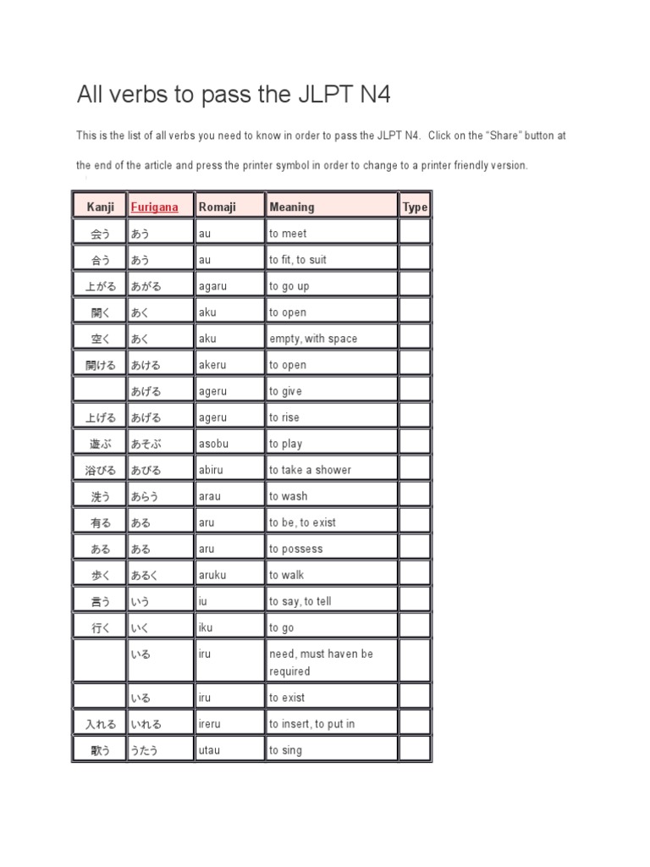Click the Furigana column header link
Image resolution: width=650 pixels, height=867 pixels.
point(155,207)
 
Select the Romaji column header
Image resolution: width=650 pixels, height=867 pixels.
point(218,207)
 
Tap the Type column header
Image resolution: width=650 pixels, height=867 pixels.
point(415,207)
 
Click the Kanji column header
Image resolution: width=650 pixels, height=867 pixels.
point(100,207)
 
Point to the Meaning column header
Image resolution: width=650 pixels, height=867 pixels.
point(292,207)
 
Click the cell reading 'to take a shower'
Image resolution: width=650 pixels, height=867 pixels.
point(310,470)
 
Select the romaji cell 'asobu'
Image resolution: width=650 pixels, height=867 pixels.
point(213,444)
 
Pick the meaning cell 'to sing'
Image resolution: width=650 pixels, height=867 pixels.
point(285,750)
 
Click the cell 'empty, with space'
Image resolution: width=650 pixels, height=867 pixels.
point(313,339)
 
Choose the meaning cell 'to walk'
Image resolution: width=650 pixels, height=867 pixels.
point(286,575)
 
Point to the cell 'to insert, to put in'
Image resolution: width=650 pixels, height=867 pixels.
point(312,724)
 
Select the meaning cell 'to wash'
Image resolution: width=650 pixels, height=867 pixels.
point(289,496)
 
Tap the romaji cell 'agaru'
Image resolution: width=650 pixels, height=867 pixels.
point(213,286)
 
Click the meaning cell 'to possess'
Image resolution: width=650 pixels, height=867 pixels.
point(296,549)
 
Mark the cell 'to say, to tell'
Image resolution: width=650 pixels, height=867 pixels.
point(300,601)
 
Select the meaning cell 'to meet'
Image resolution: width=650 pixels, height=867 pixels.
point(288,234)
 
